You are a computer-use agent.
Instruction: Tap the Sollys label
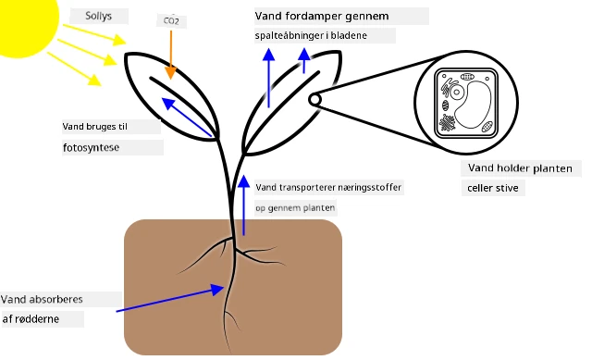pos(99,16)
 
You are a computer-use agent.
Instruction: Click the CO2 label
pos(171,20)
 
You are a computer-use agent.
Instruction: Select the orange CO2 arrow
pos(170,55)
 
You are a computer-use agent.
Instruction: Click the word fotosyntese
pos(91,147)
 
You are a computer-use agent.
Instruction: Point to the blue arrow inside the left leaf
pos(187,118)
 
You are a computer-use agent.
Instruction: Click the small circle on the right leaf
pos(314,100)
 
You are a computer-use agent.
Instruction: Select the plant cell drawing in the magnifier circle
pos(466,103)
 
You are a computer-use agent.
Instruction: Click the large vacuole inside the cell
pos(473,105)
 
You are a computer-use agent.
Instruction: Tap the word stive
pos(505,188)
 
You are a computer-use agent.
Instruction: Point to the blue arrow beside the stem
pos(244,205)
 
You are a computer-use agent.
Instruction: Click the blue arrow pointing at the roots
pos(170,298)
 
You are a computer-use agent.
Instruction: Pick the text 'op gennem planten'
pos(295,208)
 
